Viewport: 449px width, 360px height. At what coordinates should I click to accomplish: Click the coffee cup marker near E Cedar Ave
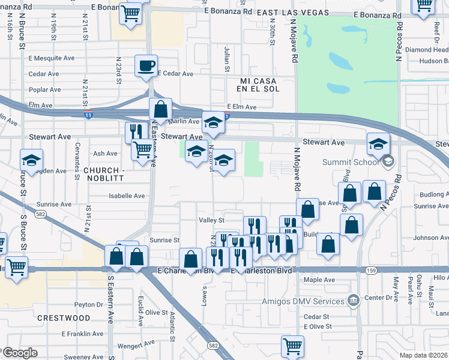point(146,65)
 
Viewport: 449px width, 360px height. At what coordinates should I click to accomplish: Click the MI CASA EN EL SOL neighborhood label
point(260,85)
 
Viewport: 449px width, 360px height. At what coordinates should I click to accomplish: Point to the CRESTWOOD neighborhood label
point(63,317)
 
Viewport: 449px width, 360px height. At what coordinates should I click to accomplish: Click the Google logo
point(19,353)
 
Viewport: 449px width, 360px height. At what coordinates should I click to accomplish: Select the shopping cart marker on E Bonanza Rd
point(130,12)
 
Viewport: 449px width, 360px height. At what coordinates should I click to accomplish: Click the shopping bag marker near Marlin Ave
point(160,110)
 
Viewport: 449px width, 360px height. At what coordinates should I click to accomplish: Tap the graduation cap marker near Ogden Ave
point(31,160)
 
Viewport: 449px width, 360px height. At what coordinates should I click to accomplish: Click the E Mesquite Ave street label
point(52,59)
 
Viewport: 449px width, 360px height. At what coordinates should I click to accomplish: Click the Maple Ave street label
point(319,280)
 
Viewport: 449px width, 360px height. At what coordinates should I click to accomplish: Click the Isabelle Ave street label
point(127,196)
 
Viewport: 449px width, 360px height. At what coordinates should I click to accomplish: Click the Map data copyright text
point(424,355)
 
